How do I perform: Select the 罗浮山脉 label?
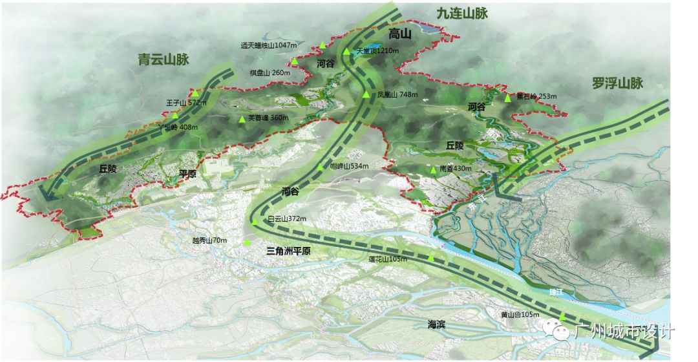click(618, 83)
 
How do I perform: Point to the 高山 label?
click(400, 34)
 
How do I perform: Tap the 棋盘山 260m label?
click(270, 72)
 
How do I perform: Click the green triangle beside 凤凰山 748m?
click(366, 95)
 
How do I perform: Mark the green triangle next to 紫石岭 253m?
click(507, 98)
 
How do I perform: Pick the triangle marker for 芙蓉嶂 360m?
click(242, 119)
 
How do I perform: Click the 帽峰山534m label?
click(349, 166)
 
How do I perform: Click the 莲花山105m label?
click(388, 259)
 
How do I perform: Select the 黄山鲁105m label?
click(520, 315)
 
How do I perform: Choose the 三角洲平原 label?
click(288, 251)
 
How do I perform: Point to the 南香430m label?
click(458, 168)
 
